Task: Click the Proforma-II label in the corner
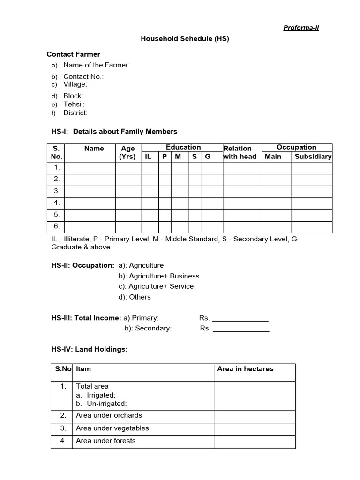(x=301, y=28)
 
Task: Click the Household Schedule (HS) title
(x=185, y=39)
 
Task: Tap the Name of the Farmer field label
(x=97, y=65)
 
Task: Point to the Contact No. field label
(x=83, y=76)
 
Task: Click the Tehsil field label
(x=74, y=105)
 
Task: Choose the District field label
(x=75, y=113)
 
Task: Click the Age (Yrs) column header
(x=128, y=152)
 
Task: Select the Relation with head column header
(x=240, y=152)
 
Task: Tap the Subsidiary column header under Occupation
(x=313, y=157)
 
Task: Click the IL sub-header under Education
(x=148, y=157)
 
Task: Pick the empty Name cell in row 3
(x=90, y=191)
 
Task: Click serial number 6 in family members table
(x=57, y=226)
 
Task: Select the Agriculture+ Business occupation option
(x=159, y=276)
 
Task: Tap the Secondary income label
(x=148, y=328)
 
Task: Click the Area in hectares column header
(x=245, y=369)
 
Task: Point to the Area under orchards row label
(x=109, y=415)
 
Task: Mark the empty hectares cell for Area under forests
(x=255, y=441)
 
